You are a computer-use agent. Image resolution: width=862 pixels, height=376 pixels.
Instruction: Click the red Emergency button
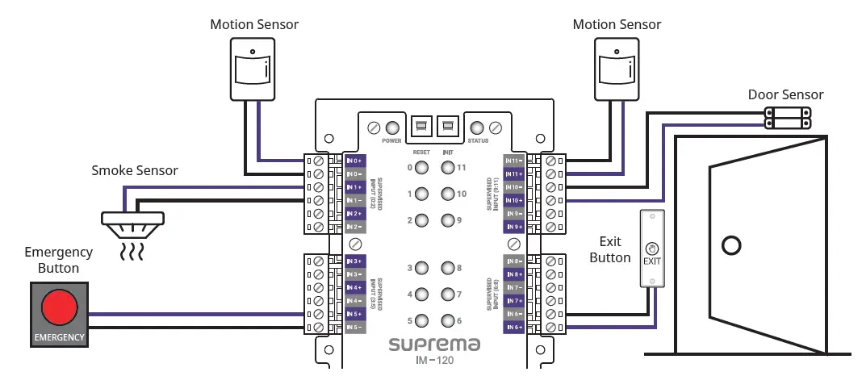59,307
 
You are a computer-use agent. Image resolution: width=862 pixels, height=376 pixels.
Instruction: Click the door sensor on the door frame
788,118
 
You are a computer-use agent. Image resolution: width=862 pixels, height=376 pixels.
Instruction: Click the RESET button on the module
421,127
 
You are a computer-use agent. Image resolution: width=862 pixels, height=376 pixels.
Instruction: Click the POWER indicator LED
393,127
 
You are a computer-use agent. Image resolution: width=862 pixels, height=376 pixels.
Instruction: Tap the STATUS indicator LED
477,127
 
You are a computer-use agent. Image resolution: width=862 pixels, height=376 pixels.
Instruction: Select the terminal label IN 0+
355,161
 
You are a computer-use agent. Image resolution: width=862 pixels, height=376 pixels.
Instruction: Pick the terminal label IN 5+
355,314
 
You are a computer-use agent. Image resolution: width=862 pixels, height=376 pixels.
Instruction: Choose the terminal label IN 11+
514,174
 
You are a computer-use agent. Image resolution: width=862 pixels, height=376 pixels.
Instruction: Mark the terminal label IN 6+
514,327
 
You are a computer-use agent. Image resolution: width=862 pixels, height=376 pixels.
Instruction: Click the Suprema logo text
434,345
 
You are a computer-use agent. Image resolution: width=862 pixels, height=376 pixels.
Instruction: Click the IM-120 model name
434,361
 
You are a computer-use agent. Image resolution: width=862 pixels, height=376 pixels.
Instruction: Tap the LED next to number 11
447,168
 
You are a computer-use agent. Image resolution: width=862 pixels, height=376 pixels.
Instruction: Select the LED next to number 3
421,268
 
